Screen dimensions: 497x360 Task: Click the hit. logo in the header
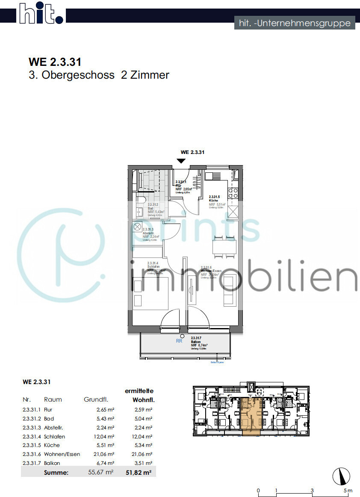coord(41,14)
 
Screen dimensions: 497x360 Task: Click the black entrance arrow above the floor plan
coord(181,160)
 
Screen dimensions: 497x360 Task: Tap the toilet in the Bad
coord(142,200)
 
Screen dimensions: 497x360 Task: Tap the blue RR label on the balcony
coord(179,341)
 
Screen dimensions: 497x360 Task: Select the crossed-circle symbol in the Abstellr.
coord(137,226)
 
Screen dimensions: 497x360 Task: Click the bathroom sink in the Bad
coord(140,211)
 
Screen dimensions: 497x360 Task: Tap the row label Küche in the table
coord(51,445)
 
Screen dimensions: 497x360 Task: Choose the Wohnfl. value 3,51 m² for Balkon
coord(143,463)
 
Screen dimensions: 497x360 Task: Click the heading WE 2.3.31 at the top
coord(55,62)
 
